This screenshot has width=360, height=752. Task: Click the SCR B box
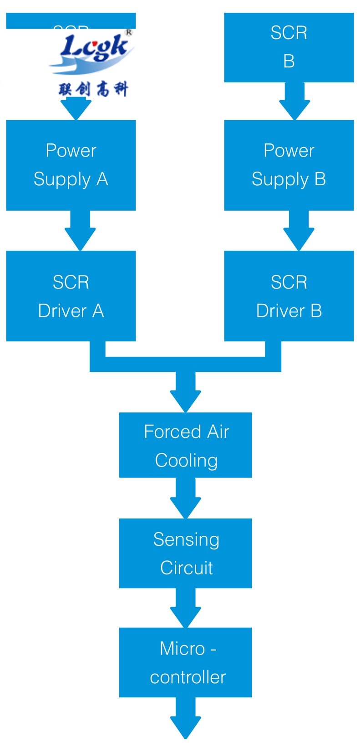pos(289,47)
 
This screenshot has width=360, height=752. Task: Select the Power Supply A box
pos(71,165)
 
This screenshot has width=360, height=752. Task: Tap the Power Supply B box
pos(289,165)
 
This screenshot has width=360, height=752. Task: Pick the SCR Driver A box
pos(71,296)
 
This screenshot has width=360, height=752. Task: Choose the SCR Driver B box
pos(289,296)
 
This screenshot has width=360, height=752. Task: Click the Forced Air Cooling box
pos(185,445)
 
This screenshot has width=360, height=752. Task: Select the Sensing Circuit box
pos(185,553)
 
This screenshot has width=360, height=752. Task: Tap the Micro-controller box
pos(185,662)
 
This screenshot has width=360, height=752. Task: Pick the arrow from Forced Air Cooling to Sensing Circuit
pos(186,499)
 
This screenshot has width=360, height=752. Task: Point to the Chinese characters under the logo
pos(93,89)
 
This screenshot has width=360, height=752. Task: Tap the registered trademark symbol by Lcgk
pos(128,33)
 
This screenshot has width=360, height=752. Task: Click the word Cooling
pos(186,460)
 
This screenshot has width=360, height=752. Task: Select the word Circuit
pos(187,568)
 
